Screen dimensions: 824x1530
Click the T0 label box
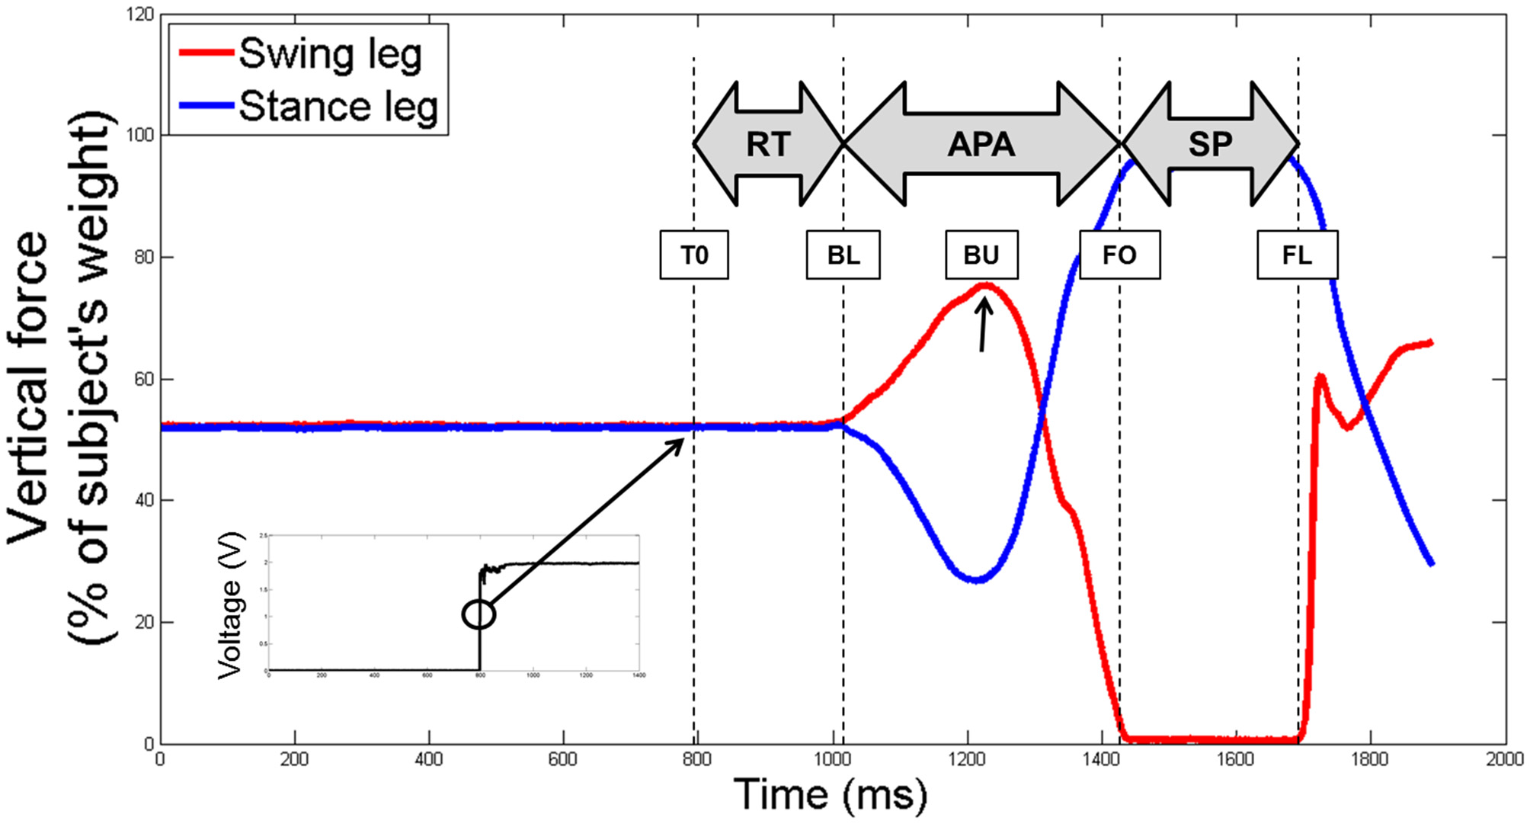693,255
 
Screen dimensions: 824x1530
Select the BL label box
843,255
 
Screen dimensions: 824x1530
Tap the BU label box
981,255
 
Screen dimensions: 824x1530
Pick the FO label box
1119,255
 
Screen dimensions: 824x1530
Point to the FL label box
1297,255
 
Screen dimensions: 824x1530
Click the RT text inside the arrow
768,144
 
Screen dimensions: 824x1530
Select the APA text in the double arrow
981,144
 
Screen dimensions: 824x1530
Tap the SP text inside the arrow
1210,144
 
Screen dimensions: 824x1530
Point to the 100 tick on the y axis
139,136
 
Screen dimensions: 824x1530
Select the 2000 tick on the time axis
1505,759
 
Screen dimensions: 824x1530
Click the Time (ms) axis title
831,794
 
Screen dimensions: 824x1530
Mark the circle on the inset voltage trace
479,614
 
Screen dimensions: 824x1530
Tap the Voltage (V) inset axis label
230,606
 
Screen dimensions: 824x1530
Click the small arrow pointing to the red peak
984,324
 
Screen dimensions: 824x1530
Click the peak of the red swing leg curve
985,287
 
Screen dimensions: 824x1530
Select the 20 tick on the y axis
145,622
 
